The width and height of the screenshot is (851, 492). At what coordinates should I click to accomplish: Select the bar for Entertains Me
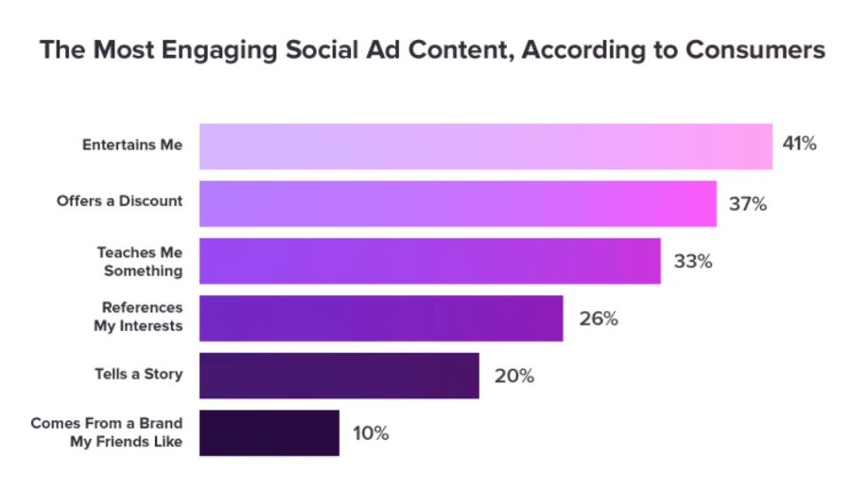click(485, 146)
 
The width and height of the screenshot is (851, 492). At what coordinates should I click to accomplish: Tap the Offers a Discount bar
click(458, 203)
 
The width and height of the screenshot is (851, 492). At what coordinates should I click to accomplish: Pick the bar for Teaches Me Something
click(429, 261)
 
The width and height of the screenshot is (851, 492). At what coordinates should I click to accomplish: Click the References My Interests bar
click(381, 318)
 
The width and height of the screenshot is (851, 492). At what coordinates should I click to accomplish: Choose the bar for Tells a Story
click(339, 376)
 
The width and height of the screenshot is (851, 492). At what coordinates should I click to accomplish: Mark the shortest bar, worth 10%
click(269, 432)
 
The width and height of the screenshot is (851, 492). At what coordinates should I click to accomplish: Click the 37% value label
click(747, 203)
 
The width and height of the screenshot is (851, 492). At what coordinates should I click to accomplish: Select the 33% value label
click(692, 261)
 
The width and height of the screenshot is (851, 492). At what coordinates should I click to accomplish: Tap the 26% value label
click(599, 319)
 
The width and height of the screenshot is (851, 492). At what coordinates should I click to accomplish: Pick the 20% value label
click(513, 376)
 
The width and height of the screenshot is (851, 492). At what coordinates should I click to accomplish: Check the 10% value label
click(370, 433)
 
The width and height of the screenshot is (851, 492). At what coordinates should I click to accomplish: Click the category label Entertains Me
click(131, 146)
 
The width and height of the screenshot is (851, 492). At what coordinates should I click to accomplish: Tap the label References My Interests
click(142, 317)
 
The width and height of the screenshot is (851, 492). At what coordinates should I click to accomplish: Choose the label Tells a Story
click(139, 374)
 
